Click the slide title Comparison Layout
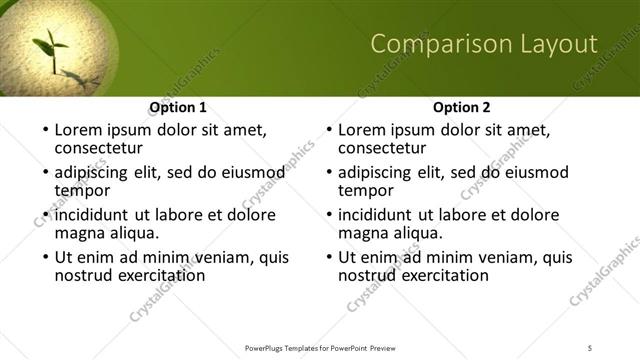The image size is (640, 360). pos(484,44)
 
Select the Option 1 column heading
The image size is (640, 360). pos(178,107)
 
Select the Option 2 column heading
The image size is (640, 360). pos(462,107)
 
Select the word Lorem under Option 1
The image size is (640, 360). pos(77,130)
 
